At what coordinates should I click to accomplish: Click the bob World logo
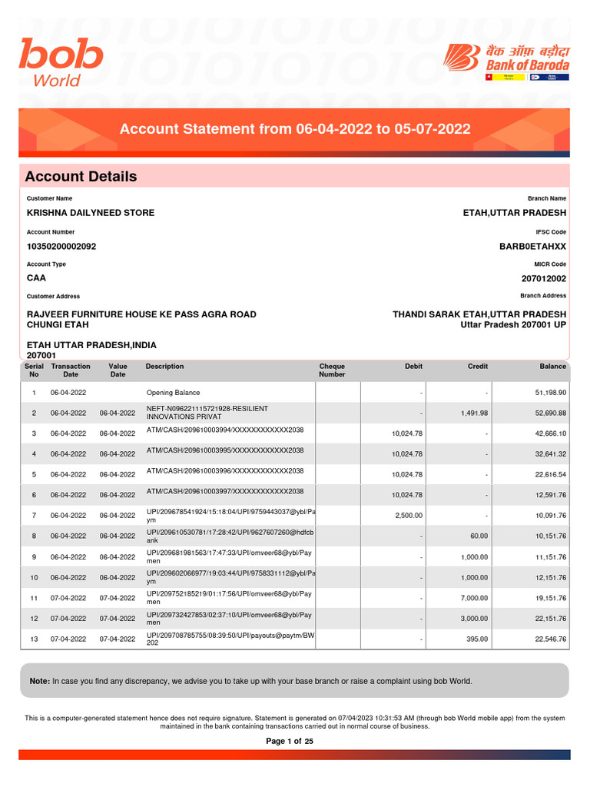click(x=61, y=64)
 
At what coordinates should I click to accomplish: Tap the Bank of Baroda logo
click(x=506, y=61)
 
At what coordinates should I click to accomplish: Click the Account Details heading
click(x=81, y=177)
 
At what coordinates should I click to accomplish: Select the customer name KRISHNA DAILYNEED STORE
click(x=91, y=213)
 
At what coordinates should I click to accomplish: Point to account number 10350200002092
click(x=61, y=247)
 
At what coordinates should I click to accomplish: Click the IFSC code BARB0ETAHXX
click(x=532, y=247)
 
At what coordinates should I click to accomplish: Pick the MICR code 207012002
click(x=543, y=279)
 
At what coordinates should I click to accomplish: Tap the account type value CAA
click(x=36, y=279)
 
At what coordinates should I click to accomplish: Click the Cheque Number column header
click(x=332, y=370)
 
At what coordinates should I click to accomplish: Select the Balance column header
click(x=552, y=367)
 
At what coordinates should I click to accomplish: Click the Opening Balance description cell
click(x=173, y=393)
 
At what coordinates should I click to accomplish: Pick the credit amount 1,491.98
click(x=474, y=413)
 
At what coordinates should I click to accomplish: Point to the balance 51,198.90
click(x=550, y=393)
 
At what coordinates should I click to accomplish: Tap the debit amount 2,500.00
click(x=408, y=516)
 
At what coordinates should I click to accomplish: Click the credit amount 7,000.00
click(x=474, y=598)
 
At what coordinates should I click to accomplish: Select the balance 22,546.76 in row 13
click(x=550, y=639)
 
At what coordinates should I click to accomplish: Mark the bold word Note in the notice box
click(x=39, y=681)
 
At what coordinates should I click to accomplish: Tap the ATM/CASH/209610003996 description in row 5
click(x=225, y=470)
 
